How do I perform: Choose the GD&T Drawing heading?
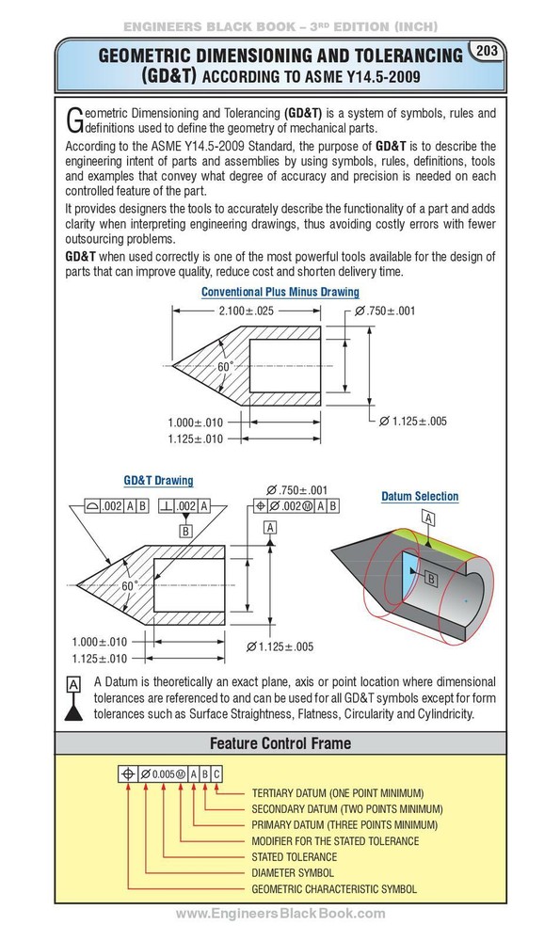[x=158, y=480]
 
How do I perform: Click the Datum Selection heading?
[x=420, y=496]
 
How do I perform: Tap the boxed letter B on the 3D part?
[x=429, y=580]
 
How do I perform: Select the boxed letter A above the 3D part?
[x=428, y=518]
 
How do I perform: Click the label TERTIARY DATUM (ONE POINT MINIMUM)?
[x=338, y=793]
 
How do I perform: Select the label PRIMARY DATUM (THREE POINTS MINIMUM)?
[x=343, y=824]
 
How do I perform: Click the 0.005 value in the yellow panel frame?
[x=163, y=774]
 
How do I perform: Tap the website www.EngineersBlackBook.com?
[x=280, y=914]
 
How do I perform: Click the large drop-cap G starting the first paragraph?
[x=74, y=120]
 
